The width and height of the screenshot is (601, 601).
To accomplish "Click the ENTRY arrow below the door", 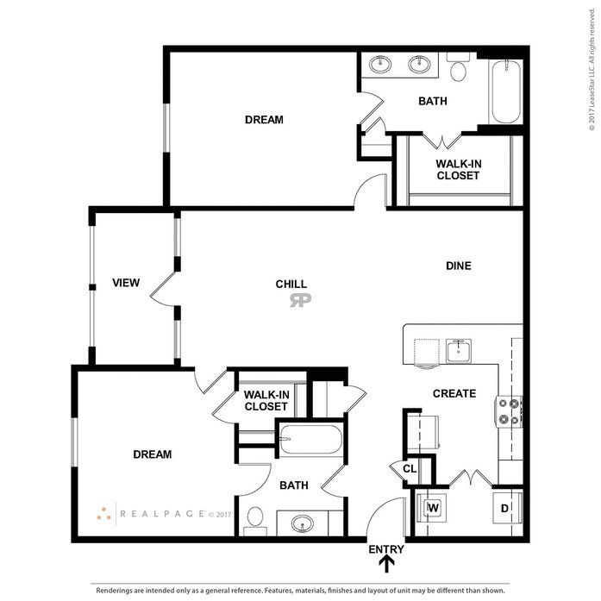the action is [387, 564].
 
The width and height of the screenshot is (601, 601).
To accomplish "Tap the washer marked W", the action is [432, 508].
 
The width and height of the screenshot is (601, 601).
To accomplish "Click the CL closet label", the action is [410, 469].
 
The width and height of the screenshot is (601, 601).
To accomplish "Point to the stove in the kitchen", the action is [509, 411].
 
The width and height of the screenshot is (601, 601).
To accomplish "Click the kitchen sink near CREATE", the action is [459, 350].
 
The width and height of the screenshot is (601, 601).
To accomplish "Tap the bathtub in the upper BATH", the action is [506, 91].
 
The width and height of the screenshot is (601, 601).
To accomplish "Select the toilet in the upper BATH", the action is [458, 67].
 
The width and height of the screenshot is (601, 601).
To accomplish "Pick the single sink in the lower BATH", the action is [303, 523].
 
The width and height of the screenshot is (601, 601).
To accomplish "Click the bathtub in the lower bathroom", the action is [310, 439].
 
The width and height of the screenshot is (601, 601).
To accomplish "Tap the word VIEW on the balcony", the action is [126, 283].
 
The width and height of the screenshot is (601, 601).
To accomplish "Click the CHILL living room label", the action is [291, 284].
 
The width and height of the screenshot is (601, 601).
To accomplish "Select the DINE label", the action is [459, 266].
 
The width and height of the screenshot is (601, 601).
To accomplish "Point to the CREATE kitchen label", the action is [454, 393].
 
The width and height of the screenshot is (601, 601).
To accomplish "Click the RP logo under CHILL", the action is [300, 300].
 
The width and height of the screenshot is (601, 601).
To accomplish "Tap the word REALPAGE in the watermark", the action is [162, 514].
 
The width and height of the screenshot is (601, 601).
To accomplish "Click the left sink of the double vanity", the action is [380, 64].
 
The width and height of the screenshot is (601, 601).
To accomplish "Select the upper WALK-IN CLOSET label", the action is [459, 169].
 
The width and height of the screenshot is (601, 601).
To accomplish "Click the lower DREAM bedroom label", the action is [152, 454].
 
